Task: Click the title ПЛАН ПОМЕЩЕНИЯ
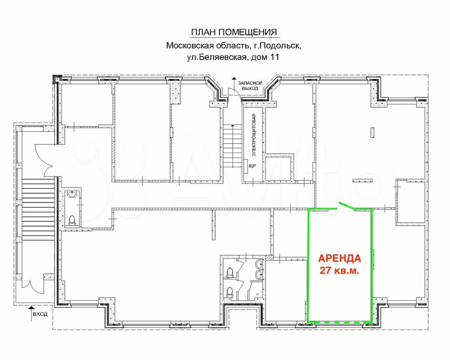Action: coord(234,32)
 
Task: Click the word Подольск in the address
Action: coord(280,45)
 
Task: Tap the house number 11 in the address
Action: coord(275,57)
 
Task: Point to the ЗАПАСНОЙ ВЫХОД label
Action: coord(250,86)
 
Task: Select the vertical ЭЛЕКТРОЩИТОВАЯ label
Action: coord(254,135)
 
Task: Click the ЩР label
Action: coord(252,166)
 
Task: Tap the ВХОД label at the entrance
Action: coord(40,314)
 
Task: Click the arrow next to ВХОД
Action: coord(31,313)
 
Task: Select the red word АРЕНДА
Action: coord(340,258)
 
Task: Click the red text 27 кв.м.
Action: coord(339,271)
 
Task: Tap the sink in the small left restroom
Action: coord(73,195)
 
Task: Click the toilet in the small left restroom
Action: coord(72,220)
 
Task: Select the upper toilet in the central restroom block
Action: coord(229,273)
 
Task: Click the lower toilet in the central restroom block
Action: coord(229,292)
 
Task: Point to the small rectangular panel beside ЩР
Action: coord(246,166)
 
